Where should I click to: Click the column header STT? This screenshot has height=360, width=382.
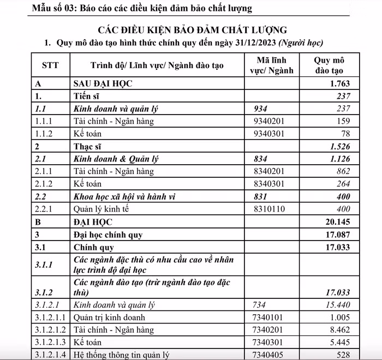click(50, 65)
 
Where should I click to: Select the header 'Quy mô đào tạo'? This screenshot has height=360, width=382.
click(329, 65)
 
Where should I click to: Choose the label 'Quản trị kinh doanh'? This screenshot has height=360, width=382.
click(110, 317)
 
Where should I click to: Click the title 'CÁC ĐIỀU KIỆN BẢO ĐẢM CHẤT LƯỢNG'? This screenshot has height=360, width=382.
click(192, 29)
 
